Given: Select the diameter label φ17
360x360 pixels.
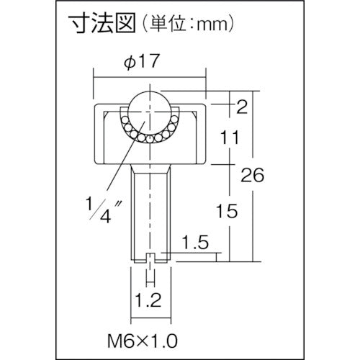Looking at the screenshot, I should tap(150, 63).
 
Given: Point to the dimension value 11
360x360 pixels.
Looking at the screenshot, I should tap(230, 137).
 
